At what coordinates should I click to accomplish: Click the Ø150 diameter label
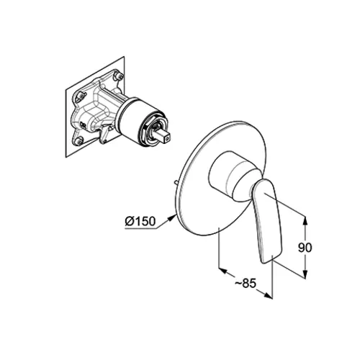140,221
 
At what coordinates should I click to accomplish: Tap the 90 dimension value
305,248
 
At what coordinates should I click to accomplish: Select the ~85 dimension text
246,284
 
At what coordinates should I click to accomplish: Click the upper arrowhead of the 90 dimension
305,220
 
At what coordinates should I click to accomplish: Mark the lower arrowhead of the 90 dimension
305,274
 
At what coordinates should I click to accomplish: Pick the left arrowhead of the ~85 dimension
223,271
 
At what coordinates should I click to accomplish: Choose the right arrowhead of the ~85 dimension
268,295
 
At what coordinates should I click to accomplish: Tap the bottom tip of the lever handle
264,263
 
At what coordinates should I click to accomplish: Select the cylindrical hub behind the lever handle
230,175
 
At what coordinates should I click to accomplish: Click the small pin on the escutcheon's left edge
176,183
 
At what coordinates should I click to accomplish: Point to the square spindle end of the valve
163,137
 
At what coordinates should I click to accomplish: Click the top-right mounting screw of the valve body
119,76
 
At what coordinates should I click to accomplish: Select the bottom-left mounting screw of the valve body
78,141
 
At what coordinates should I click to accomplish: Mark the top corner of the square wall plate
125,57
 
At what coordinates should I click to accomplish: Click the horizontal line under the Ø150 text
141,228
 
